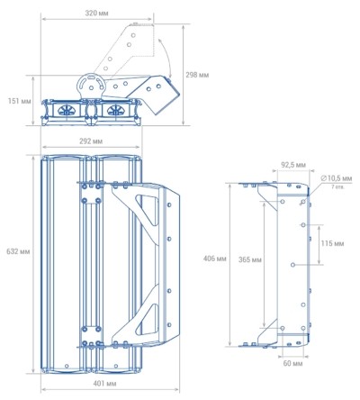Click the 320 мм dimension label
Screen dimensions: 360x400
(96, 14)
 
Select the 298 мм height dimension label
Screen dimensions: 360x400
(197, 75)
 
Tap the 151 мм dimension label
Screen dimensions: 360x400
(20, 101)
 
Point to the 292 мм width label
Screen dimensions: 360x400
(91, 141)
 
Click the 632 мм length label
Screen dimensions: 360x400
(18, 251)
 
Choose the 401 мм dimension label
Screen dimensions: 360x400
(104, 384)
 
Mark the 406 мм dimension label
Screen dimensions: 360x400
(215, 259)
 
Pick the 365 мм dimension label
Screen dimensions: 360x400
(250, 259)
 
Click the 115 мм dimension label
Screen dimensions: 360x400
(332, 243)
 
